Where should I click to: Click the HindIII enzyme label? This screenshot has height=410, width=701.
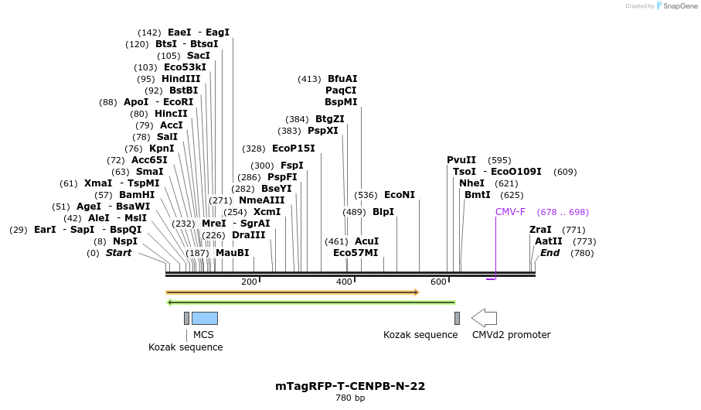(x=181, y=79)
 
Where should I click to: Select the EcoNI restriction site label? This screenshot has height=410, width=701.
(x=400, y=195)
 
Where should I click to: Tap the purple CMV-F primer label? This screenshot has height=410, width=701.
(x=510, y=212)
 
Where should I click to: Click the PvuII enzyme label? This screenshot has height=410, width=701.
(x=461, y=160)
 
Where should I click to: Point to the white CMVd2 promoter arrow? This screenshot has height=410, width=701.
(x=484, y=318)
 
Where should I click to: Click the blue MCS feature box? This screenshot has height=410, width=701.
(x=205, y=318)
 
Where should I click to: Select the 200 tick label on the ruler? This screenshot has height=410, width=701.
(x=249, y=282)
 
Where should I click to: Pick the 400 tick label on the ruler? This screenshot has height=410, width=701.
(x=344, y=282)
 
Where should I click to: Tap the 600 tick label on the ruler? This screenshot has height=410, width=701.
(x=439, y=282)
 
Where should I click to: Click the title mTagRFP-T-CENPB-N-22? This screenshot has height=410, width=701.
(x=350, y=386)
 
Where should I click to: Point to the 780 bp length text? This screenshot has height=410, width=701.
(x=350, y=398)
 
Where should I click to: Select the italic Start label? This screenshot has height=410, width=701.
(x=118, y=253)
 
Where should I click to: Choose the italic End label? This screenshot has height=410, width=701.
(x=550, y=253)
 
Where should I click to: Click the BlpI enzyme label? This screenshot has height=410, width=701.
(x=383, y=212)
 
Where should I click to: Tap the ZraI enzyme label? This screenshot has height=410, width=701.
(x=540, y=230)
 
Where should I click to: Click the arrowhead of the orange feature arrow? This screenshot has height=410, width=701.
(x=416, y=292)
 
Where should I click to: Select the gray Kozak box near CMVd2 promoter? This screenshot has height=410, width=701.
(x=457, y=318)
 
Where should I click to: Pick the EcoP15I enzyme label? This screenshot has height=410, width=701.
(x=294, y=149)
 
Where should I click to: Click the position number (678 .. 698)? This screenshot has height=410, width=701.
(x=563, y=212)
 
